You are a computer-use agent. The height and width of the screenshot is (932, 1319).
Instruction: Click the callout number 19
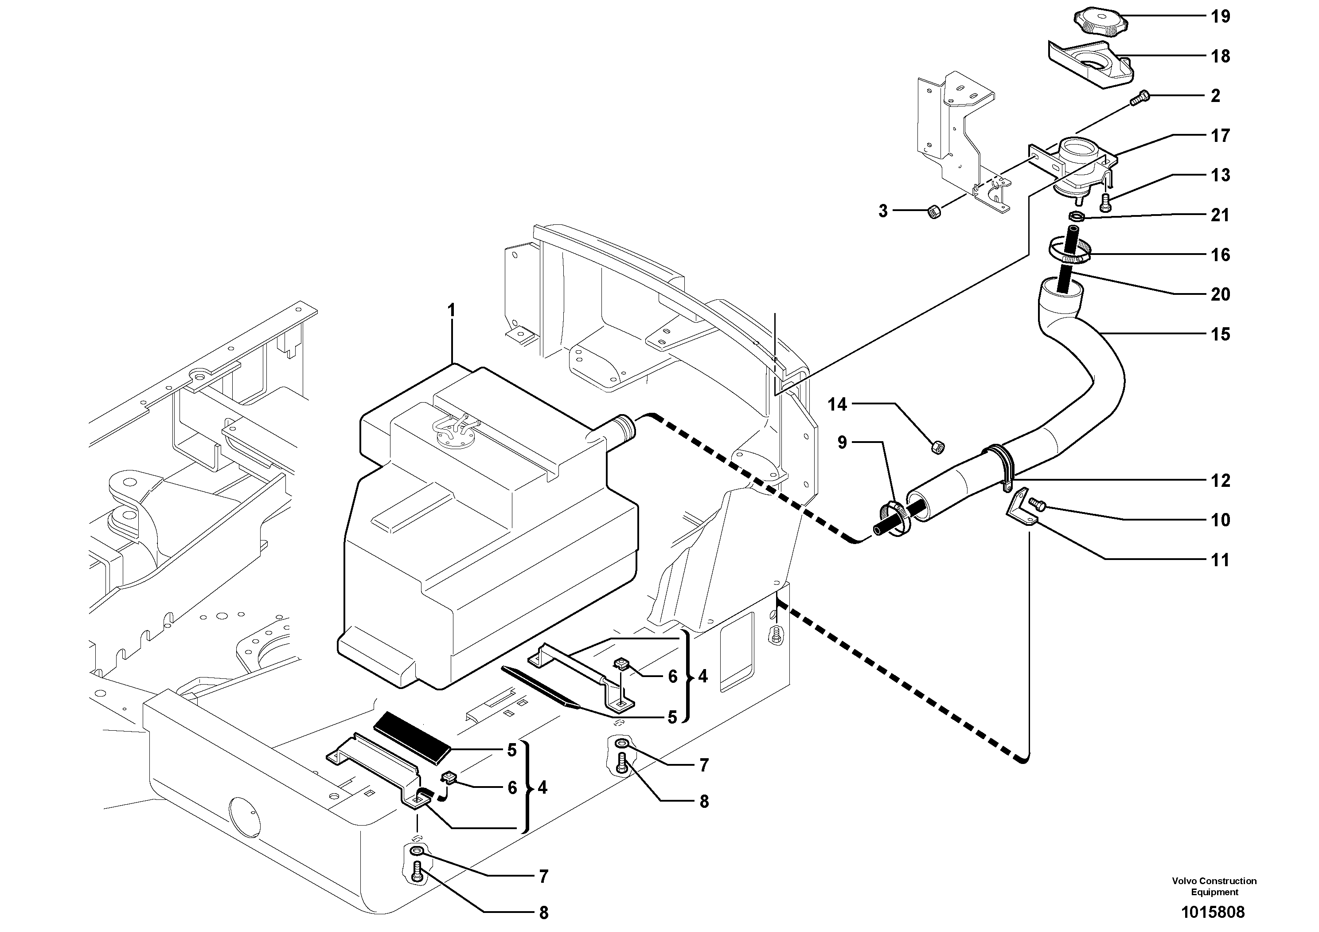[1220, 17]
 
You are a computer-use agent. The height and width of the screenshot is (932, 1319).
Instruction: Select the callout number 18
[1220, 56]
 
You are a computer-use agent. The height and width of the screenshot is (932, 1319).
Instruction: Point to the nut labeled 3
[935, 212]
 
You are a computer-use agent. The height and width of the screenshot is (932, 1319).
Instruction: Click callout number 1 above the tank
[452, 311]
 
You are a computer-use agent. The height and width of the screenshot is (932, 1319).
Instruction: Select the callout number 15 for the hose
[1220, 334]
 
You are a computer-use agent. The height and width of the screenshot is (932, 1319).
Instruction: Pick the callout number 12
[1220, 480]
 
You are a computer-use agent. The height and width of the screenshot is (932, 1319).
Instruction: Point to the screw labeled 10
[1038, 505]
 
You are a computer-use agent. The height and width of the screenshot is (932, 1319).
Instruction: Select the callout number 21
[1220, 215]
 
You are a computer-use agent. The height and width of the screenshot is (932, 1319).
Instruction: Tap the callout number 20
[1220, 295]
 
